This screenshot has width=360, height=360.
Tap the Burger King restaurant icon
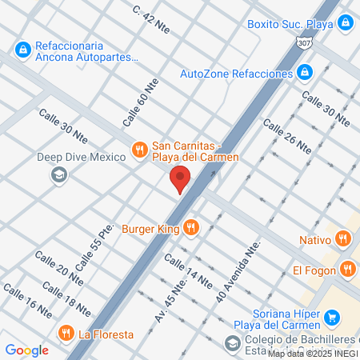pyautogui.click(x=190, y=228)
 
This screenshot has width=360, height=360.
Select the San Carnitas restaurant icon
pyautogui.click(x=139, y=149)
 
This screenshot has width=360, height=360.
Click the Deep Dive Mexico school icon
pyautogui.click(x=58, y=174)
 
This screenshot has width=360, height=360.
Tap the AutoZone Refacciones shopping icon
pyautogui.click(x=305, y=73)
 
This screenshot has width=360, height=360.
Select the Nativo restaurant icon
pyautogui.click(x=343, y=238)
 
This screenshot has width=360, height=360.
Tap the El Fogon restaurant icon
pyautogui.click(x=346, y=270)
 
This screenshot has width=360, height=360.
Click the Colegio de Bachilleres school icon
pyautogui.click(x=231, y=343)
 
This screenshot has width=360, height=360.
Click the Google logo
pyautogui.click(x=26, y=350)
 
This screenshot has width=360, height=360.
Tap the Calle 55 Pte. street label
pyautogui.click(x=90, y=242)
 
